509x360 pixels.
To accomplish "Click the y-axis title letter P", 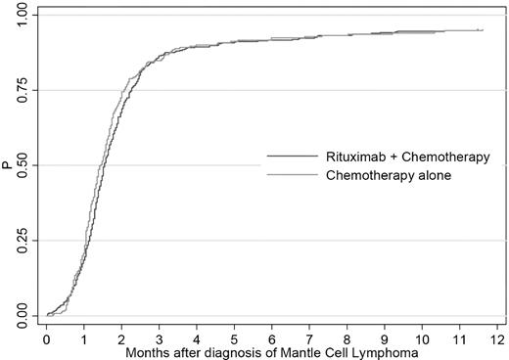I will click(x=7, y=165).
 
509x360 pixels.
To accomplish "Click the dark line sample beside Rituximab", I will click(x=292, y=157).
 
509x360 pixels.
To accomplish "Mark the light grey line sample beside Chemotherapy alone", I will click(x=292, y=175).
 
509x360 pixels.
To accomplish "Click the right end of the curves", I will click(x=482, y=30).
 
